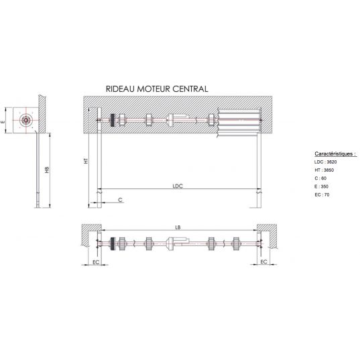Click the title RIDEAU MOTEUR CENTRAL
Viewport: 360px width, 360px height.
point(157,89)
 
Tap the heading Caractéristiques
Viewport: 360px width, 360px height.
point(335,154)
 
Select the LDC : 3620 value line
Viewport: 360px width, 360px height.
point(325,162)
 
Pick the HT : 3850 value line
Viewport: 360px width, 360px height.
point(324,170)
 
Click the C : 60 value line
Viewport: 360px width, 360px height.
point(320,178)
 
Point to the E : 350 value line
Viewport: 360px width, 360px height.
point(321,186)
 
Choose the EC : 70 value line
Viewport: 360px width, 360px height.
point(322,194)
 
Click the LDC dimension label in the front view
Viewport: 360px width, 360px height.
point(178,186)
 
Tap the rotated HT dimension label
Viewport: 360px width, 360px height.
point(86,161)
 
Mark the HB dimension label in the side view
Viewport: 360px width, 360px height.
point(47,170)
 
